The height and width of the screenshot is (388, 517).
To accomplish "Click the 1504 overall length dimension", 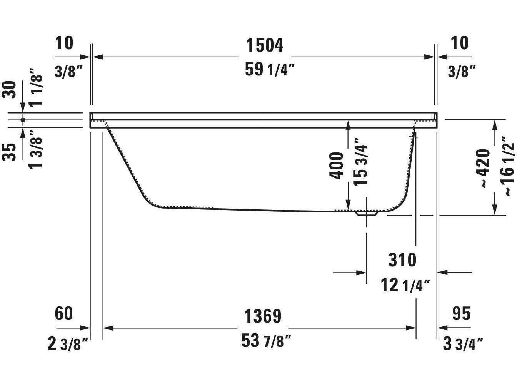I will coord(264,45).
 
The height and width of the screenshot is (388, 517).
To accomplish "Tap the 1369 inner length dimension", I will coord(263,316).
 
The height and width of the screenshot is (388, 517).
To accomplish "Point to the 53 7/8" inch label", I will coord(266,341).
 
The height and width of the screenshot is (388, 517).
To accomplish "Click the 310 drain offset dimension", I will coord(402,260).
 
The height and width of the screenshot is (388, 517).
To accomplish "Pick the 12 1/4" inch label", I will coord(405,286).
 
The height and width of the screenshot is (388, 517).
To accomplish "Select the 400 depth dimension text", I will coord(337,166).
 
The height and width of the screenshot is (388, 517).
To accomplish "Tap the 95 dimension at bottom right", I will coord(461,313).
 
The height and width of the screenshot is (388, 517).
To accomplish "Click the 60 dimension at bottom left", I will coord(64,313).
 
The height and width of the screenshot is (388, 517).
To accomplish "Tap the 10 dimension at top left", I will coord(64,43).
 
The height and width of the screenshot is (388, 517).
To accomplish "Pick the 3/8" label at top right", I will coord(462,71).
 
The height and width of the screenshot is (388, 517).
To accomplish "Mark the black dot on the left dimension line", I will coord(23,120).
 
